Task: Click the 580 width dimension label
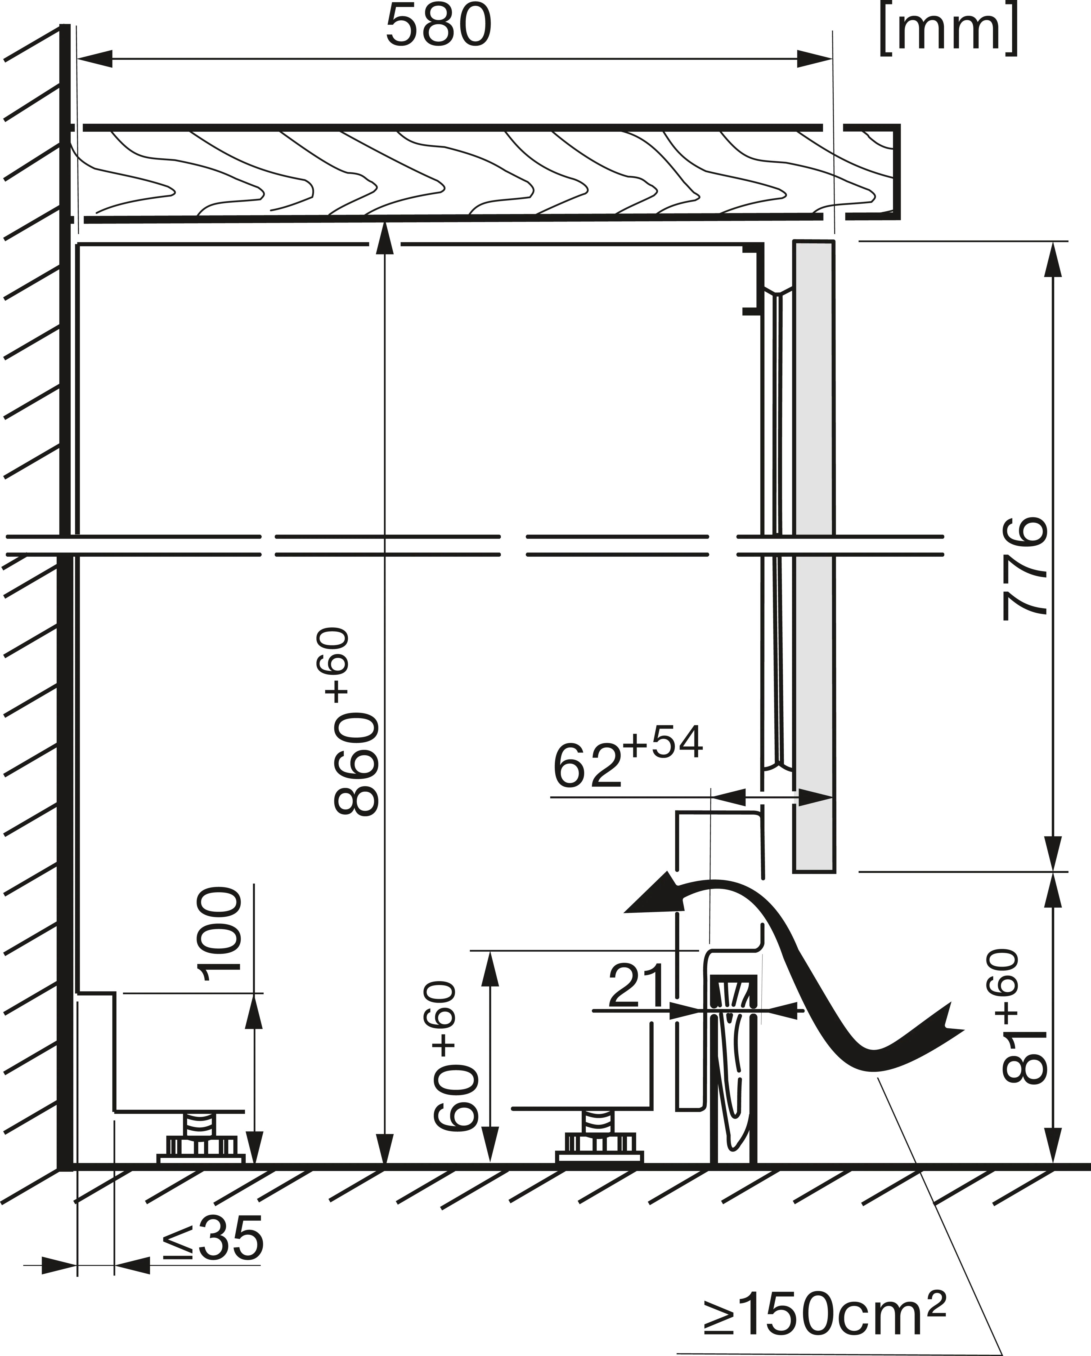(438, 26)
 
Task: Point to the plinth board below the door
(733, 1076)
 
